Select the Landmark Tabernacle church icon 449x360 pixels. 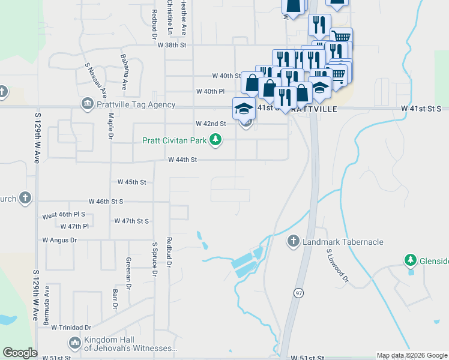click(294, 241)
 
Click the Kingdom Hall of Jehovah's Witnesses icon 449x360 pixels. click(75, 344)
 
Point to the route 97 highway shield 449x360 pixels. click(298, 293)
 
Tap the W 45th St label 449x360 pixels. click(131, 182)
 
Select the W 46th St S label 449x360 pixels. click(106, 202)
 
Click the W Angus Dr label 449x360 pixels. click(59, 240)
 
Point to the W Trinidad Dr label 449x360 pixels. click(71, 328)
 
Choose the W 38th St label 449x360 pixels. click(172, 45)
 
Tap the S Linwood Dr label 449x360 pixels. click(337, 266)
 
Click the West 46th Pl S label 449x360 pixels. click(64, 214)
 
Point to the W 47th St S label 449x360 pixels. click(131, 221)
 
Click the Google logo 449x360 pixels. click(20, 353)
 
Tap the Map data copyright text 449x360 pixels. click(412, 356)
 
